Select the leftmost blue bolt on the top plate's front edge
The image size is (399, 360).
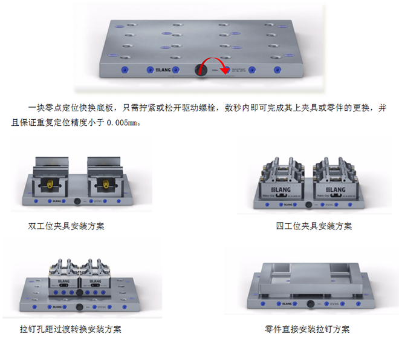tap(125, 70)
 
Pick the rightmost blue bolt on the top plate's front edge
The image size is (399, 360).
tap(277, 70)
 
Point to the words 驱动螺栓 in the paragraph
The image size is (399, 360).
tap(196, 108)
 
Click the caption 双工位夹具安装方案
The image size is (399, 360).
tap(66, 226)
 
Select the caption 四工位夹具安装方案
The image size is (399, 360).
tap(314, 226)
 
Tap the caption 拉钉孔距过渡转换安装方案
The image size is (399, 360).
tap(70, 330)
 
